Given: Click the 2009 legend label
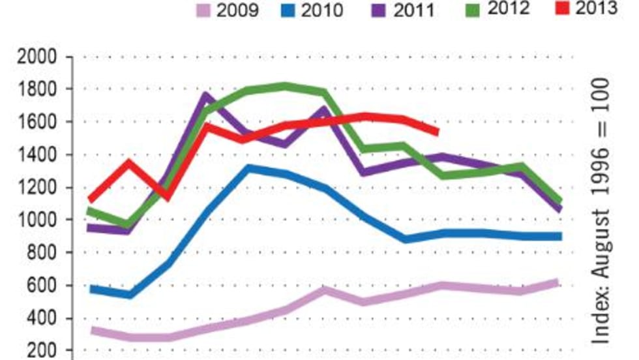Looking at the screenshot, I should pos(237,12).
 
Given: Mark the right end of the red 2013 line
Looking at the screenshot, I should pos(436,132).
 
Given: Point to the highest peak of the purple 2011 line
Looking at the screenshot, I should pos(206,97).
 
